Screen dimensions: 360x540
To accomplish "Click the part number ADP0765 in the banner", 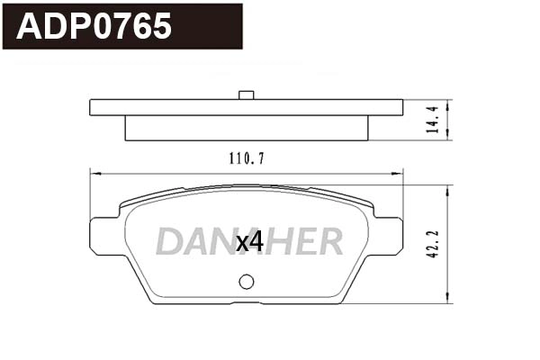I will (95, 26).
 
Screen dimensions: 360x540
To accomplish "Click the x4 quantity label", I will (248, 241).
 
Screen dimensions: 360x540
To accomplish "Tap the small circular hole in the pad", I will (247, 282).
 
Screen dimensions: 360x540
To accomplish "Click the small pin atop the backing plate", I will (245, 94).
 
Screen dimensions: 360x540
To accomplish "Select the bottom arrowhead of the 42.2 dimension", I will (447, 301).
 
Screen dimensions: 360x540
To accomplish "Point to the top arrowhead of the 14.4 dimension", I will (447, 103).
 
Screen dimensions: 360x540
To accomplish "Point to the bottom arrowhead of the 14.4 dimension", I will (447, 138).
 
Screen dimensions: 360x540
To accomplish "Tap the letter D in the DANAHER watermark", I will (169, 241).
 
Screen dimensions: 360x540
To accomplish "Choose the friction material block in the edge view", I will (246, 129).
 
